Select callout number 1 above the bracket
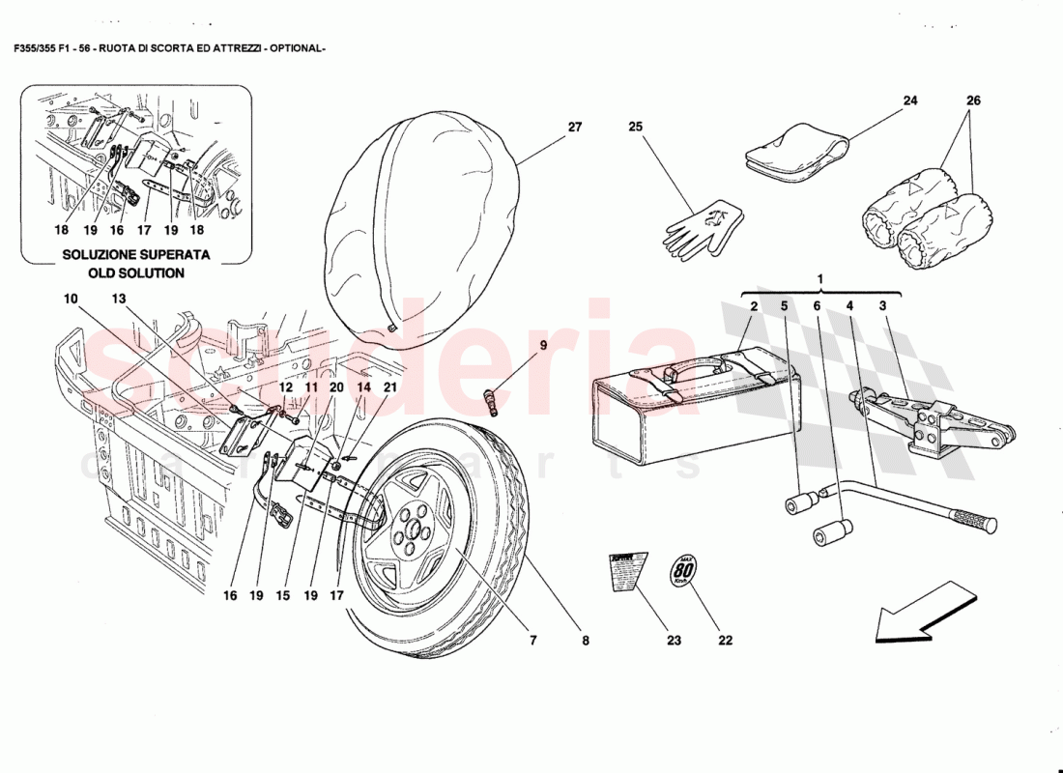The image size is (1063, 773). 819,279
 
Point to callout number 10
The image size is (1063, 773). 70,300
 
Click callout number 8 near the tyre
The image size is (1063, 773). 585,639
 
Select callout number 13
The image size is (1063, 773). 119,300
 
